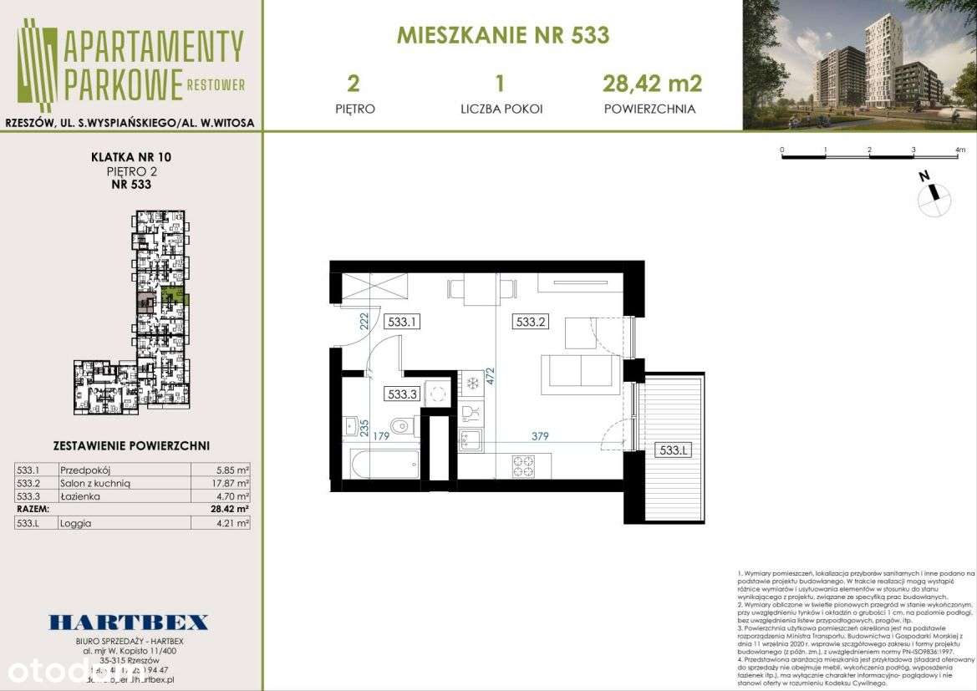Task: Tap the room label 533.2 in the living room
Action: click(530, 320)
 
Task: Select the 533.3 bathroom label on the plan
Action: click(402, 394)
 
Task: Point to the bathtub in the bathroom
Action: click(385, 464)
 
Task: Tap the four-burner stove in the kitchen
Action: click(523, 466)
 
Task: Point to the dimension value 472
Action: click(491, 377)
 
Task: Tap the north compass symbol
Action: click(934, 196)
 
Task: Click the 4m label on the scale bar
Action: click(959, 151)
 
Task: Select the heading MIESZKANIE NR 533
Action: click(502, 36)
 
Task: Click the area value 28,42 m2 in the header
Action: click(652, 83)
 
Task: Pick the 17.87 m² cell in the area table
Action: click(232, 482)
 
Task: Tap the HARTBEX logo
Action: click(129, 622)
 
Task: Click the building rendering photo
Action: click(859, 65)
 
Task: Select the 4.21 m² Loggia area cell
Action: click(232, 523)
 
